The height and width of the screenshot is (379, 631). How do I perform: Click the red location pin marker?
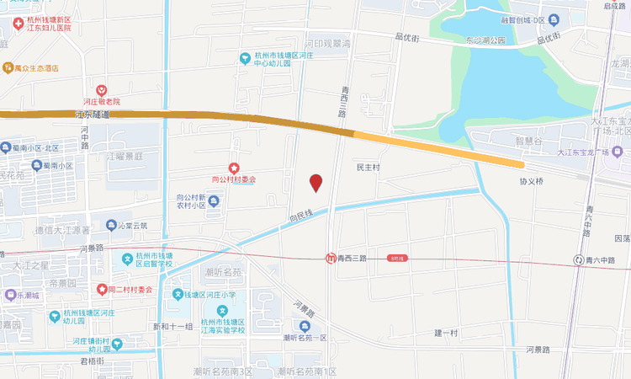click(315, 182)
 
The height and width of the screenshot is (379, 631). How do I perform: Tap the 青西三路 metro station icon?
click(331, 259)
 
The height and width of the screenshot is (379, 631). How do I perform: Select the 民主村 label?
click(369, 168)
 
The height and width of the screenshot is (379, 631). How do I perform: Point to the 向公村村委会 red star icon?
click(234, 168)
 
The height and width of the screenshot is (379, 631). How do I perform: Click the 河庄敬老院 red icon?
click(101, 89)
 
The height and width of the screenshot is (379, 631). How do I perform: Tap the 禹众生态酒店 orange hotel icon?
click(8, 67)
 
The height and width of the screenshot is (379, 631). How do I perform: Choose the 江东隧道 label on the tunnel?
click(93, 114)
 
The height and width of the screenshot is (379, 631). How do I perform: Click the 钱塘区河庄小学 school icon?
click(178, 294)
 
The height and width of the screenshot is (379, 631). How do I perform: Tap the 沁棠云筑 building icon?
click(111, 226)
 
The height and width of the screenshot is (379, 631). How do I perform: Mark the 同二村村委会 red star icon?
click(102, 289)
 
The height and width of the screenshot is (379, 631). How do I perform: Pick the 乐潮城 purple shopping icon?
click(10, 295)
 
